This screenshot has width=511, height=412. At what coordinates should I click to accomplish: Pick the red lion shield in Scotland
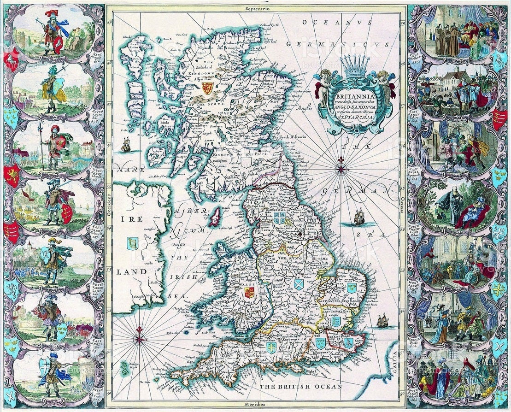tap(207, 88)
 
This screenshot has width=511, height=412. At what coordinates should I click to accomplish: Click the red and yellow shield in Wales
tap(249, 292)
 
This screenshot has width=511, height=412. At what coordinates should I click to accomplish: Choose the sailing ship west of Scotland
tap(125, 146)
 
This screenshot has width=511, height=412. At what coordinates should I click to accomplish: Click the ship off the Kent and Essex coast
tap(382, 320)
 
